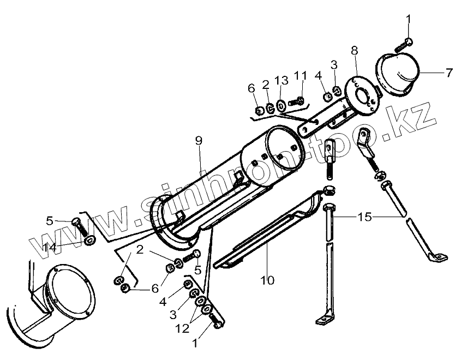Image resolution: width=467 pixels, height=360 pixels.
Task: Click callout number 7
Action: pos(449,73)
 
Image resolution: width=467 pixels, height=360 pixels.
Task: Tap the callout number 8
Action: pos(355,51)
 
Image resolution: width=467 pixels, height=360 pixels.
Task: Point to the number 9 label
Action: pos(198,141)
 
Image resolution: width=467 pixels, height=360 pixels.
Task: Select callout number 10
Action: pos(267,280)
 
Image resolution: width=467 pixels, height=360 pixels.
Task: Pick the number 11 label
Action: pos(301,75)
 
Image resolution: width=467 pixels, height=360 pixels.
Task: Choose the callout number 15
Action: pos(364,217)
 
